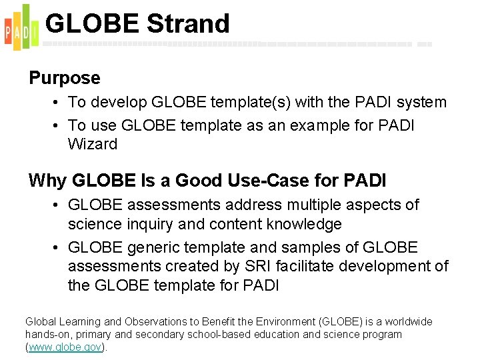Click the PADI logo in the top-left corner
coord(20,27)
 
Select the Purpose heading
coord(65,78)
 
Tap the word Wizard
coord(93,144)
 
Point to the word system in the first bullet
coord(421,103)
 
